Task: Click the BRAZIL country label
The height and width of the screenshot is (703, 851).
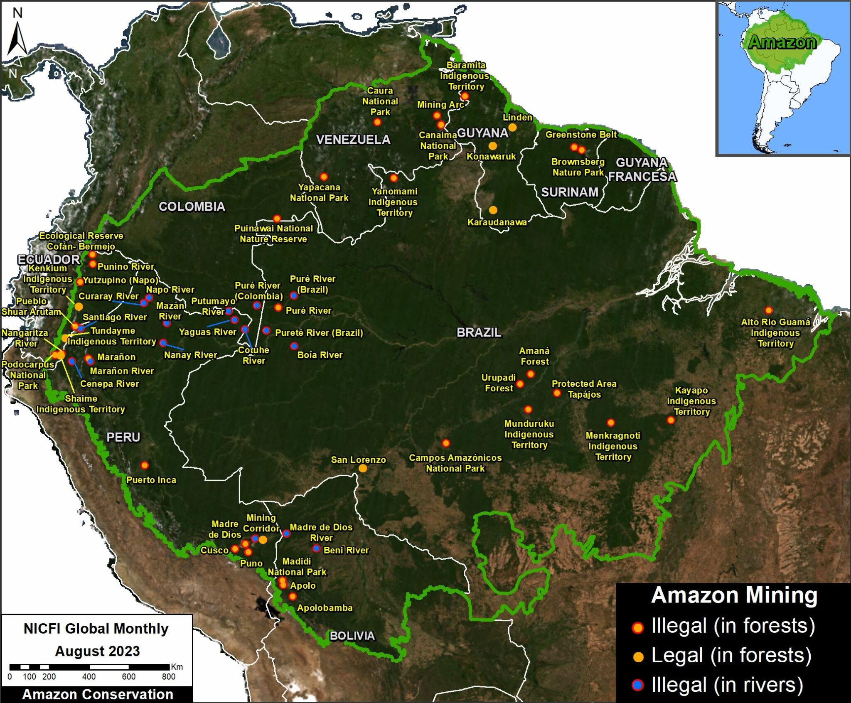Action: click(479, 332)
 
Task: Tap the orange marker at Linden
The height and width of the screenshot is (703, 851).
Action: click(513, 128)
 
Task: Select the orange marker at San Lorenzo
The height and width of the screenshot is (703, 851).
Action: click(363, 468)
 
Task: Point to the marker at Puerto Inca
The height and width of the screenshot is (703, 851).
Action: click(144, 465)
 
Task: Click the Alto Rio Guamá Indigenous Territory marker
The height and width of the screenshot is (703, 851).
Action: click(768, 310)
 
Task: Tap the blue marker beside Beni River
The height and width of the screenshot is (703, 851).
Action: click(316, 548)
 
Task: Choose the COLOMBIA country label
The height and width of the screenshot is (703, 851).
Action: click(192, 206)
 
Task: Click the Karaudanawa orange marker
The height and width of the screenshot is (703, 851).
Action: click(493, 210)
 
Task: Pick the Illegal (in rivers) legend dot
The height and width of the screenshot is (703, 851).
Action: click(637, 685)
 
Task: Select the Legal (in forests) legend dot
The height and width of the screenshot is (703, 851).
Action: click(638, 656)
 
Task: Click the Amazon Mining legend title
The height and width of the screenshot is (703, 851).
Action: click(734, 595)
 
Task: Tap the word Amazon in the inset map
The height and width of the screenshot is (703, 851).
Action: click(782, 42)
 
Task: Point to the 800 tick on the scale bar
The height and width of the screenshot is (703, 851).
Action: click(168, 677)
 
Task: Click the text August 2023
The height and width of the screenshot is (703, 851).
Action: click(97, 651)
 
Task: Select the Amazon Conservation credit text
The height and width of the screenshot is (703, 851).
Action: click(97, 694)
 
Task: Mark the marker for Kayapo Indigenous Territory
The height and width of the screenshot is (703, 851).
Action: click(671, 420)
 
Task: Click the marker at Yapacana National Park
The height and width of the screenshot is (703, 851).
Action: click(324, 177)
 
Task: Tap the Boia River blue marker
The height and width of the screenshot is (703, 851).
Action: click(294, 346)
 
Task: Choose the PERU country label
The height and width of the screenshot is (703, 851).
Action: click(123, 437)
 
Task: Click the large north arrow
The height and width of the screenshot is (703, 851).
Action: click(17, 39)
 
